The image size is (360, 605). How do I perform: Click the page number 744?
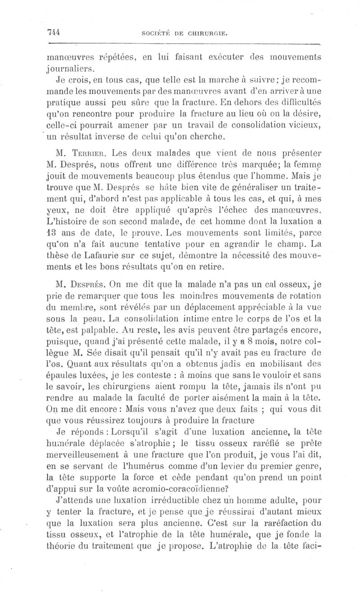coord(54,32)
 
